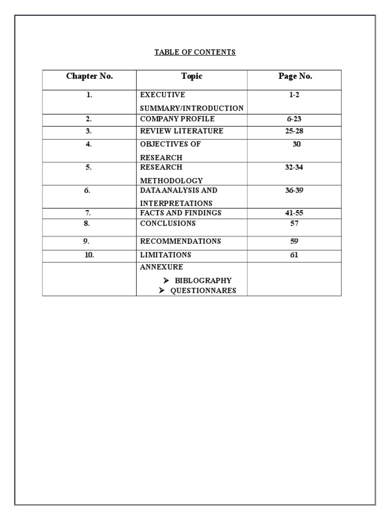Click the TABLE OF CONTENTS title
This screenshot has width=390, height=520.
click(195, 52)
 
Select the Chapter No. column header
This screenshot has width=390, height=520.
click(89, 77)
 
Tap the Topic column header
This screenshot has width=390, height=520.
click(191, 77)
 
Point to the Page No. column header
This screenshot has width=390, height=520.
click(295, 77)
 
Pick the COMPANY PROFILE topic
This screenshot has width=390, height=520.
click(177, 119)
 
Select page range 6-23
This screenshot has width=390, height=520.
click(294, 119)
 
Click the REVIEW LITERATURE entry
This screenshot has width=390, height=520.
click(181, 132)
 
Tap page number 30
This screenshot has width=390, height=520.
click(297, 144)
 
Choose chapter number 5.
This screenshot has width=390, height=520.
click(89, 167)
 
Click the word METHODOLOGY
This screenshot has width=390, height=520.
click(171, 181)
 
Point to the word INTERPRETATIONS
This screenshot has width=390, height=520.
click(176, 204)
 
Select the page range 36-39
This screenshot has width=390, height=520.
click(294, 190)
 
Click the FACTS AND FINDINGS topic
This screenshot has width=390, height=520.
click(181, 213)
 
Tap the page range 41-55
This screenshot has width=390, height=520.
click(294, 213)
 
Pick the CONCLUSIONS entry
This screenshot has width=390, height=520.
click(168, 223)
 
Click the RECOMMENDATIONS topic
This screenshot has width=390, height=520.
click(180, 242)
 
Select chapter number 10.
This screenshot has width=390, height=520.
click(89, 255)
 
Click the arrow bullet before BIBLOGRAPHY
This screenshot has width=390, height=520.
click(166, 280)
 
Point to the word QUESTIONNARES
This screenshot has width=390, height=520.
click(203, 291)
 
